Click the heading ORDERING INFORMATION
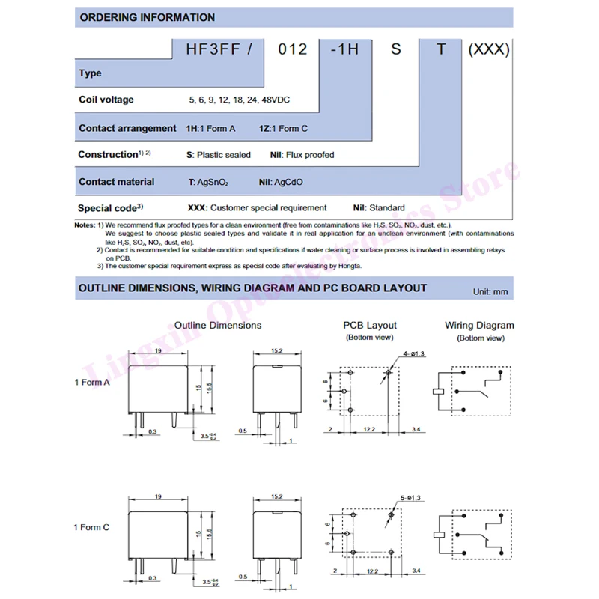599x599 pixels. (147, 17)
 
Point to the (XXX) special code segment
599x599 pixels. (488, 49)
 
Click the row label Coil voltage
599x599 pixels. (106, 100)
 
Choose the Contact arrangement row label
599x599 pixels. (127, 128)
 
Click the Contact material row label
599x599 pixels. (116, 182)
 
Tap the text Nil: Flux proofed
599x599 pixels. (302, 155)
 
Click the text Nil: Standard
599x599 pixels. (379, 208)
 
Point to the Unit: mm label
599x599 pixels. (491, 291)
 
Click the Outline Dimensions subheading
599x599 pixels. (218, 326)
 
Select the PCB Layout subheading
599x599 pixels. (370, 326)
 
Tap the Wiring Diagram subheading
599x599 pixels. (479, 326)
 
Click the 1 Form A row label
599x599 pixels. (91, 383)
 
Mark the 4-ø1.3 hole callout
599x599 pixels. (413, 354)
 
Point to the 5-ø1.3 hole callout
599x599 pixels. (413, 498)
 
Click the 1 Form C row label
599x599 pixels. (91, 527)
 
